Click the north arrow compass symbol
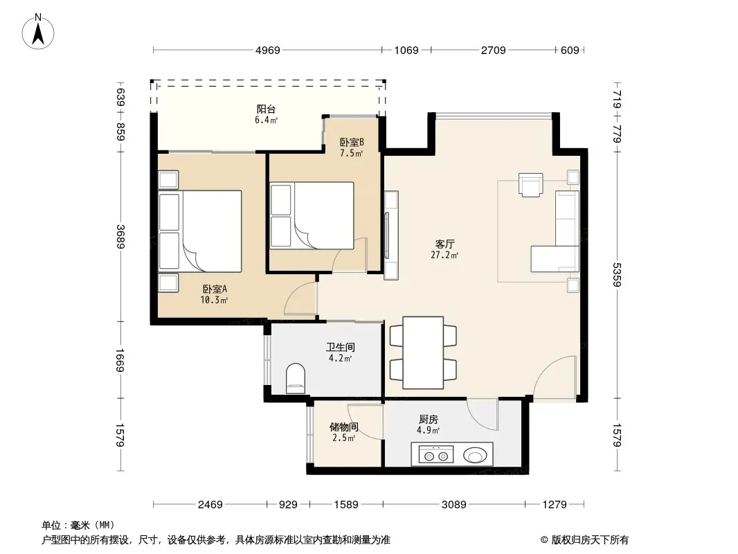38,32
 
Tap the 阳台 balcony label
266,109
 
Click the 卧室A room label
215,289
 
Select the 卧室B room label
352,142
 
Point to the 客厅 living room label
444,244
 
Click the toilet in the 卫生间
296,378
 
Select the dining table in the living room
423,352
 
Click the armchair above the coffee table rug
530,184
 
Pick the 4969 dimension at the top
268,50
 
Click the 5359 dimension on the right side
617,274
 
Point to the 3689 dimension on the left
121,237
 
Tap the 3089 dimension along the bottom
453,505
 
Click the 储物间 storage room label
343,427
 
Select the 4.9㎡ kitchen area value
428,430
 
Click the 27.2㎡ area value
444,255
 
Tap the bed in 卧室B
312,215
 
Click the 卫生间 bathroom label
341,348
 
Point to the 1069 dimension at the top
406,50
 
